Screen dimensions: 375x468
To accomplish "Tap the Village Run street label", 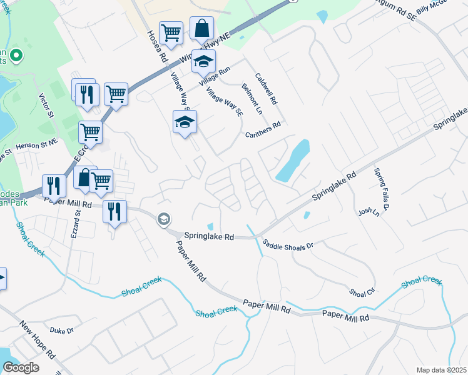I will [215, 76].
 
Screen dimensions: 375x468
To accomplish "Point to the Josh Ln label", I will [369, 212].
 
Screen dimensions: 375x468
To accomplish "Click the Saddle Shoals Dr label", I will [287, 246].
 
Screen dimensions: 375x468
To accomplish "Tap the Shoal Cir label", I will [362, 292].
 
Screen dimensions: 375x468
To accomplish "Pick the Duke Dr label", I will [62, 330].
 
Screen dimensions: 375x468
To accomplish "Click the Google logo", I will [21, 367].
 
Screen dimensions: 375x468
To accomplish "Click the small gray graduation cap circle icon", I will [164, 219].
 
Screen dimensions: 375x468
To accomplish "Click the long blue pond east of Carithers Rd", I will [292, 161].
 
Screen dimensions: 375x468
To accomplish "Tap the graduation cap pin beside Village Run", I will [204, 62].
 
